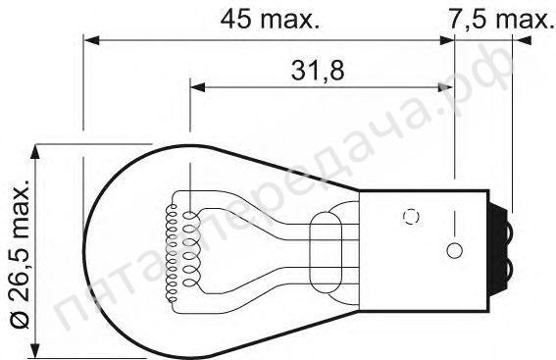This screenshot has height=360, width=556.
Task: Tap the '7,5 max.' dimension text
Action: click(x=501, y=18)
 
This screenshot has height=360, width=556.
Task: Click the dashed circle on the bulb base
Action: click(x=412, y=216)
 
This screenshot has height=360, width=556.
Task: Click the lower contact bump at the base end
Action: click(x=511, y=266)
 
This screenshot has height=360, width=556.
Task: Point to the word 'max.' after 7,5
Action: click(x=520, y=18)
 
